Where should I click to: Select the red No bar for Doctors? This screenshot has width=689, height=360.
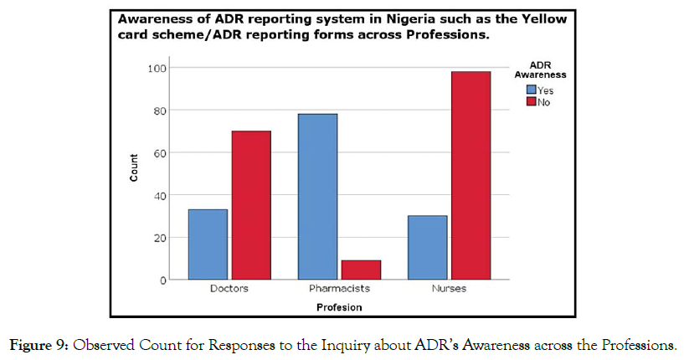click(x=251, y=205)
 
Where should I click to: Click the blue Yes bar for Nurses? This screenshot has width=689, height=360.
click(x=427, y=248)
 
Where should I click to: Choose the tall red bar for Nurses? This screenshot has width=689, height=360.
click(x=470, y=176)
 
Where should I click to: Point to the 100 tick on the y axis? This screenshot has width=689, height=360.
click(x=157, y=68)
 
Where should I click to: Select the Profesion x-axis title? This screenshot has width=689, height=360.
click(x=339, y=307)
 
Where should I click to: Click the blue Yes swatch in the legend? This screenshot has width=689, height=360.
click(x=531, y=90)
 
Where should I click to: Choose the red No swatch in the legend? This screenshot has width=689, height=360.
click(x=531, y=102)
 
